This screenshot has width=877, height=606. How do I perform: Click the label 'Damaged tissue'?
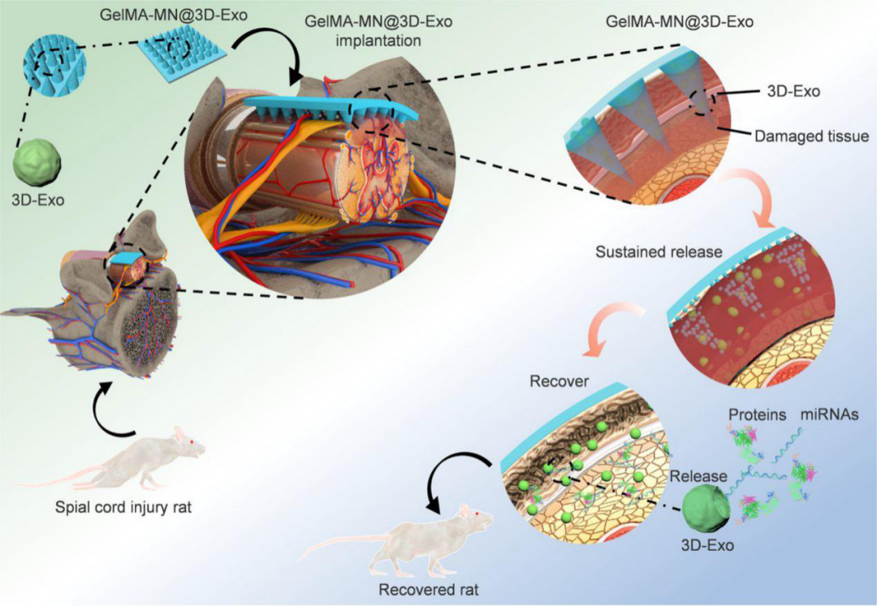point(811,136)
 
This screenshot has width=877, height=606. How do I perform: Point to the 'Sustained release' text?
point(659,252)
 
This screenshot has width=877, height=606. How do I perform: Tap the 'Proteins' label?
point(758,415)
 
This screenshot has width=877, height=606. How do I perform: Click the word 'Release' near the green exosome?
point(698,476)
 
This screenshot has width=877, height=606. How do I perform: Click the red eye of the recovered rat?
point(477,513)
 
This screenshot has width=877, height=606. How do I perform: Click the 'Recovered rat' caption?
point(429,590)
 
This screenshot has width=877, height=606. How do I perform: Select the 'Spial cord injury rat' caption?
point(123,506)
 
